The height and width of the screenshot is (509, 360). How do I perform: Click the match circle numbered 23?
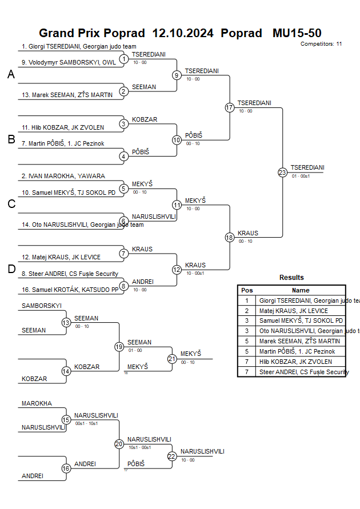282,172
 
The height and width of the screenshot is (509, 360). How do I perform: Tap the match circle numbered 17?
230,107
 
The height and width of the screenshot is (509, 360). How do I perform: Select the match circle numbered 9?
177,75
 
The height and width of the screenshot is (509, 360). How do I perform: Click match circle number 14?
66,371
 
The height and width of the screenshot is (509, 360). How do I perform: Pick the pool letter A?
11,74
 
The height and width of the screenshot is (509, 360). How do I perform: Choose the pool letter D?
11,270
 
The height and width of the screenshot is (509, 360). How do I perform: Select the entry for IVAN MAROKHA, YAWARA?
63,176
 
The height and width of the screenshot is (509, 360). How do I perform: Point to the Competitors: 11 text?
321,43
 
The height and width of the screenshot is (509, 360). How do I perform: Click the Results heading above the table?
291,278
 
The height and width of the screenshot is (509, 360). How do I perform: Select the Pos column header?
247,290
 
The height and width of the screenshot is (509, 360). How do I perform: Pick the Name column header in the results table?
301,290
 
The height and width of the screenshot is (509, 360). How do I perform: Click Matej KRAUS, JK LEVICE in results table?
293,311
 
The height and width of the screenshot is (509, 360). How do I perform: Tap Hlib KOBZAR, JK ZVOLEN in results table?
295,362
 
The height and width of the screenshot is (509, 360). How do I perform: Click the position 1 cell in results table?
247,300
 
